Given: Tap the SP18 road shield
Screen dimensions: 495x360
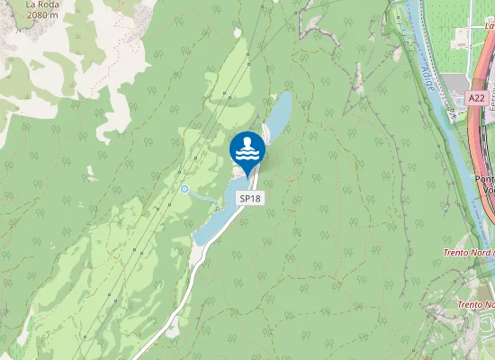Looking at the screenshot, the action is pyautogui.click(x=249, y=198).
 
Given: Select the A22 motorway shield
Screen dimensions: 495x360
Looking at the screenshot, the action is pyautogui.click(x=477, y=97).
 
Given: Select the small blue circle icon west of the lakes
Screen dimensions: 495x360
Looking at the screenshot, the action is pyautogui.click(x=184, y=189).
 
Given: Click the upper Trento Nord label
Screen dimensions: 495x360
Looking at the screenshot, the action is pyautogui.click(x=468, y=253).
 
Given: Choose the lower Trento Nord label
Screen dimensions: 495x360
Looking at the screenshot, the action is pyautogui.click(x=475, y=304).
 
